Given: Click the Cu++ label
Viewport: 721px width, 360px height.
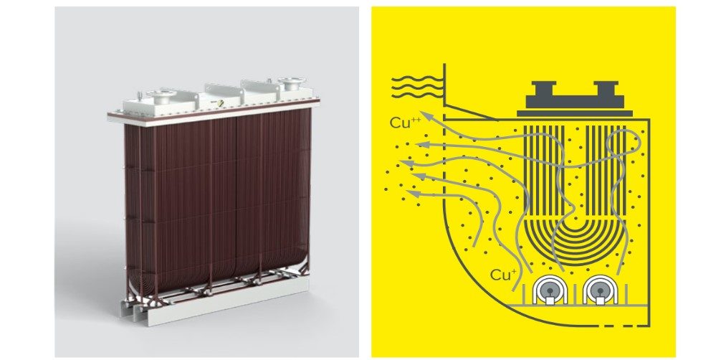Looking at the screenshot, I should click(405, 122).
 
